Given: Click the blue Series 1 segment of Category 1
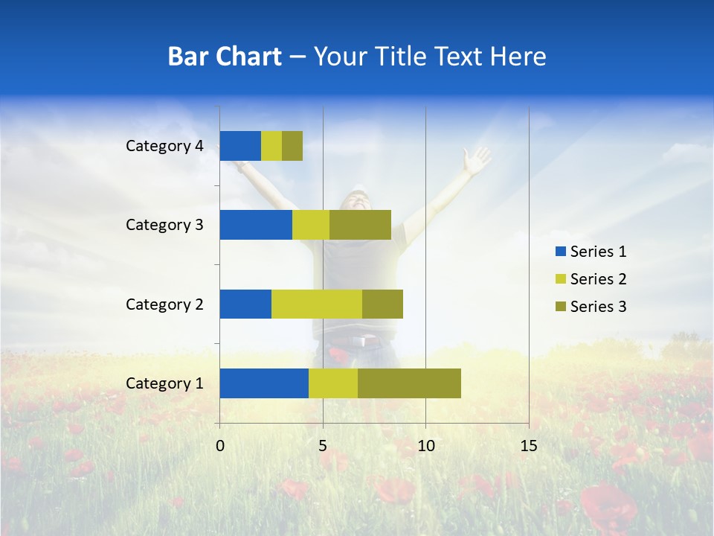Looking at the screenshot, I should [264, 383].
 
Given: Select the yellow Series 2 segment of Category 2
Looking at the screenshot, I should [317, 304].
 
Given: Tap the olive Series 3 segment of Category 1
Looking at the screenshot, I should [409, 383].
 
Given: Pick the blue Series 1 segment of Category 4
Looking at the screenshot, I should [240, 146].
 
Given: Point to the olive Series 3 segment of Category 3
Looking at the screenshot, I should [360, 225].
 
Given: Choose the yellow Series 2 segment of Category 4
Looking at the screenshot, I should [271, 146].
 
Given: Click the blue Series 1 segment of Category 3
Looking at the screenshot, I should [256, 225].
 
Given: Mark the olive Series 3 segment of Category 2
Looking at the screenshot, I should [382, 304].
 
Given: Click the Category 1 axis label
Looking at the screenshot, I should [164, 383].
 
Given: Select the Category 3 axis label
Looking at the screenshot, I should [164, 225].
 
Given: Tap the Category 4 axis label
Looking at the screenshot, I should [164, 146].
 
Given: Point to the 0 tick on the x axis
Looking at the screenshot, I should [220, 446].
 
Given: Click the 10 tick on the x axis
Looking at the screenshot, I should [425, 446].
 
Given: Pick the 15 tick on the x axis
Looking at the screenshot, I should [528, 446].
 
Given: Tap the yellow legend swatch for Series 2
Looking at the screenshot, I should [560, 279].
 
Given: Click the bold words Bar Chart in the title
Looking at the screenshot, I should [225, 57].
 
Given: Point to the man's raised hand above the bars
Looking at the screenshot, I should [476, 158].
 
